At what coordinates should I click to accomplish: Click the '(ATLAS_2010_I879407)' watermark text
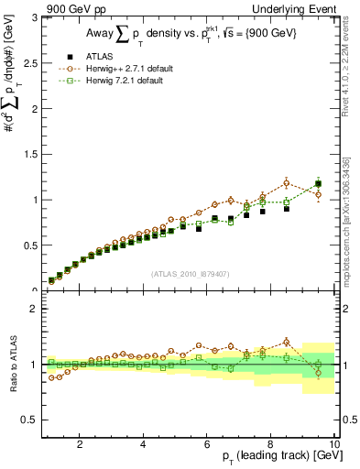point(189,272)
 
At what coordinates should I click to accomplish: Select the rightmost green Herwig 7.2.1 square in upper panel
point(318,184)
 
